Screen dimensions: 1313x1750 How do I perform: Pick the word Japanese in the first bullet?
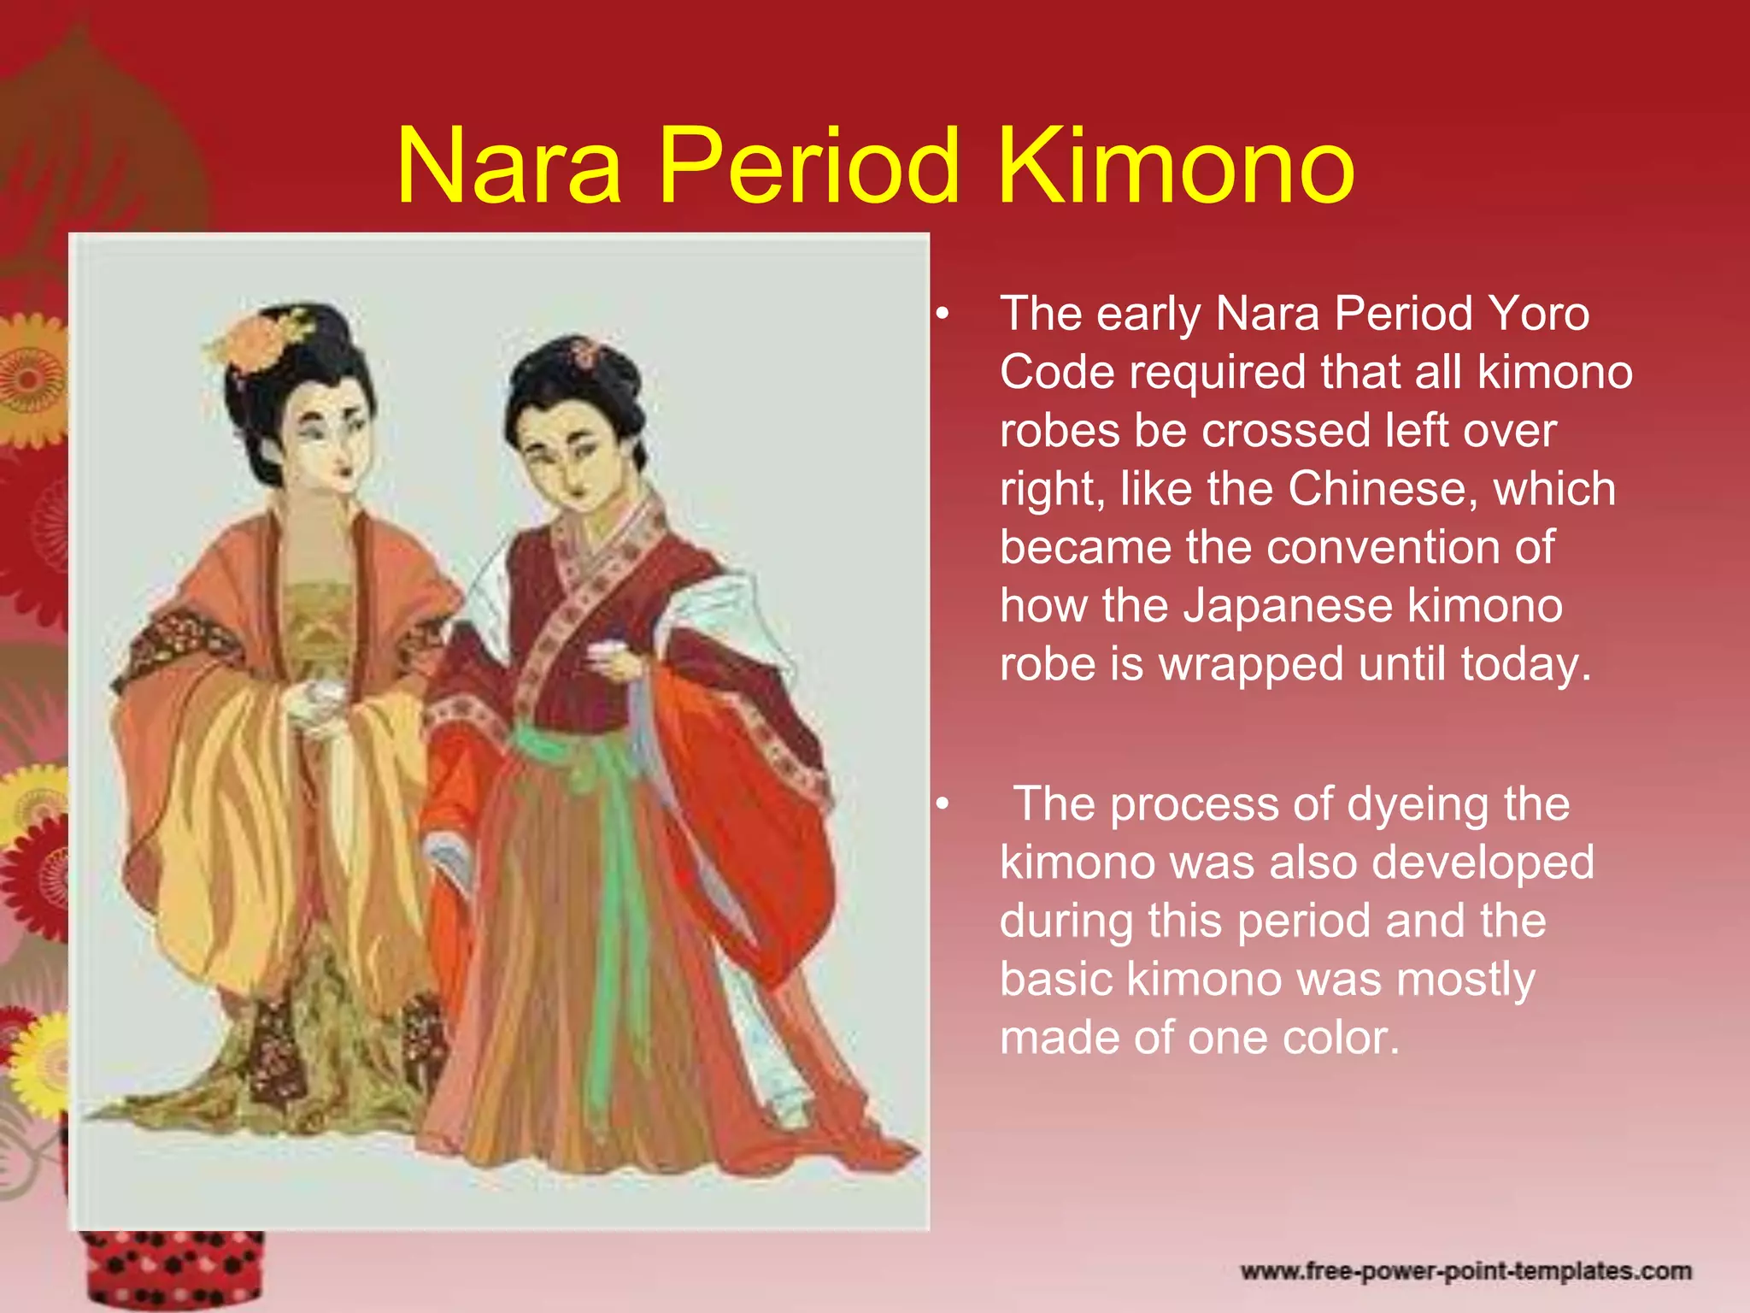[1288, 606]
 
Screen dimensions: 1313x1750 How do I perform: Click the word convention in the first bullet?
[1383, 547]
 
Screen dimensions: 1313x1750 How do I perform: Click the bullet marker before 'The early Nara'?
[942, 315]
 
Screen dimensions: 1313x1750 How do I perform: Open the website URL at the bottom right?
[1465, 1271]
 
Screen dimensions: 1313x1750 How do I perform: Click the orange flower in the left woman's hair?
[261, 341]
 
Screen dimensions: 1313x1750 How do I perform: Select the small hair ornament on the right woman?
[586, 351]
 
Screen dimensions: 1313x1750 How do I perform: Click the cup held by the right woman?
[602, 651]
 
